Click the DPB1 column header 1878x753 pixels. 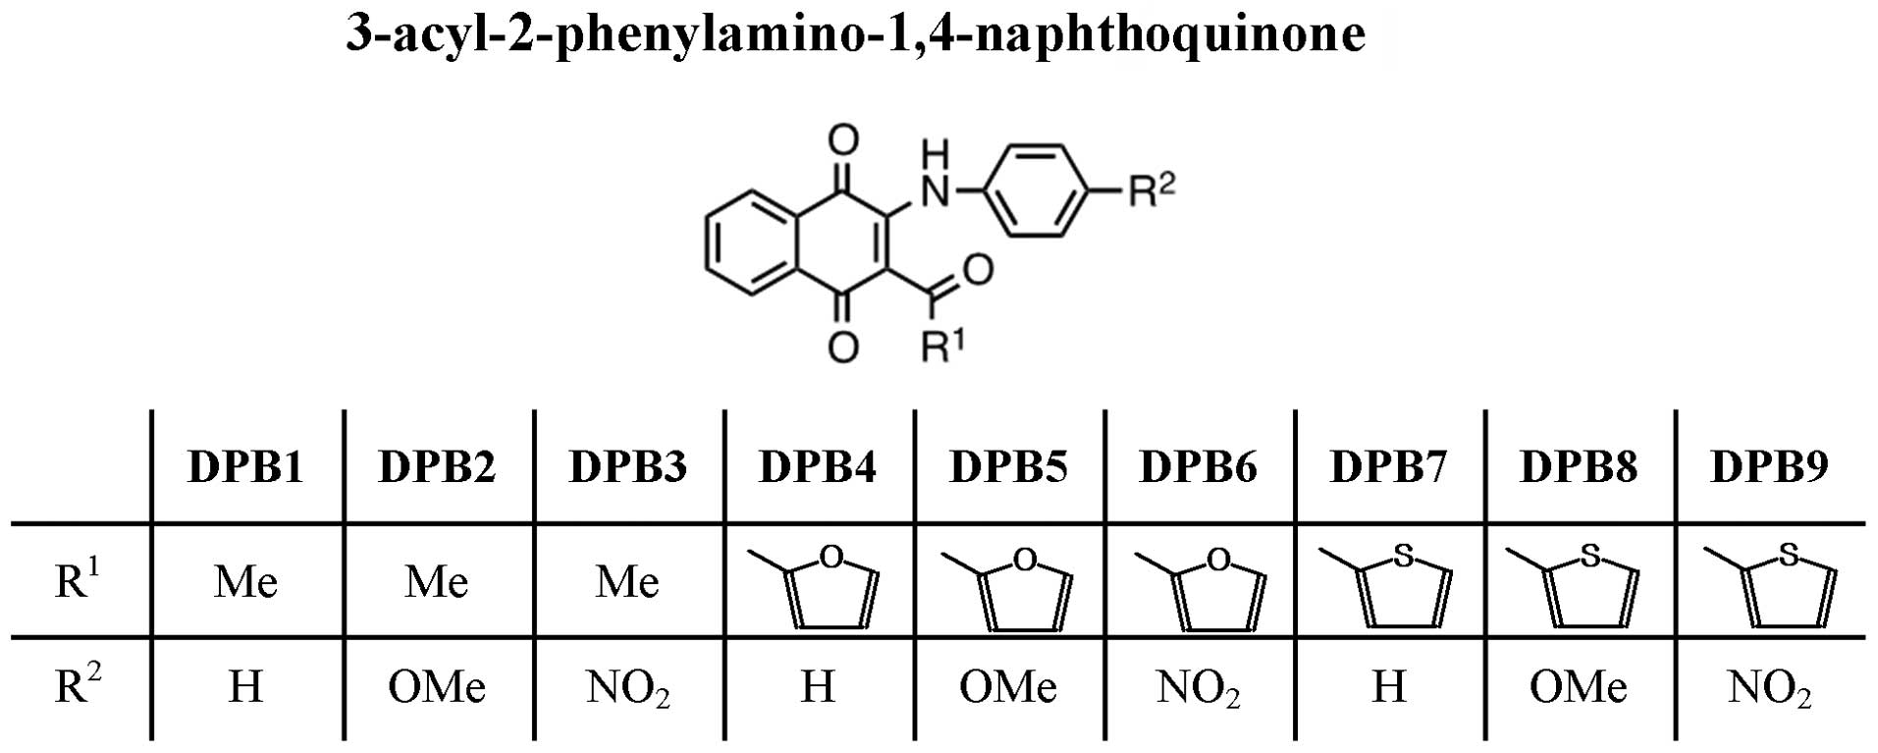(x=245, y=466)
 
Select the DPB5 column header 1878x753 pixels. (x=1008, y=466)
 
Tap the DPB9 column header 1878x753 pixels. (x=1769, y=466)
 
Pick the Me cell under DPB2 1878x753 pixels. (x=437, y=582)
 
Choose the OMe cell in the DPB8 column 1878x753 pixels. (x=1579, y=686)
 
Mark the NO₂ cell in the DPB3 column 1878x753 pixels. (x=628, y=687)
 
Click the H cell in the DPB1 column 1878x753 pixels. (x=245, y=686)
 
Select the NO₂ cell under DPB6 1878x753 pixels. (x=1199, y=687)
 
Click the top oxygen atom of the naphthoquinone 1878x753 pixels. (x=842, y=139)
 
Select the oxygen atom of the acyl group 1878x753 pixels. (x=978, y=267)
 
